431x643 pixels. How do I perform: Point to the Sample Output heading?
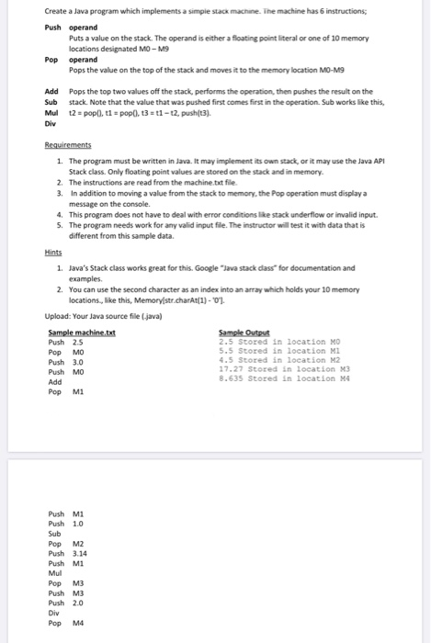pyautogui.click(x=241, y=333)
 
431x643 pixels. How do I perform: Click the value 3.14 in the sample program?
pyautogui.click(x=80, y=553)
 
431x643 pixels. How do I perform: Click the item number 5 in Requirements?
pyautogui.click(x=59, y=221)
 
